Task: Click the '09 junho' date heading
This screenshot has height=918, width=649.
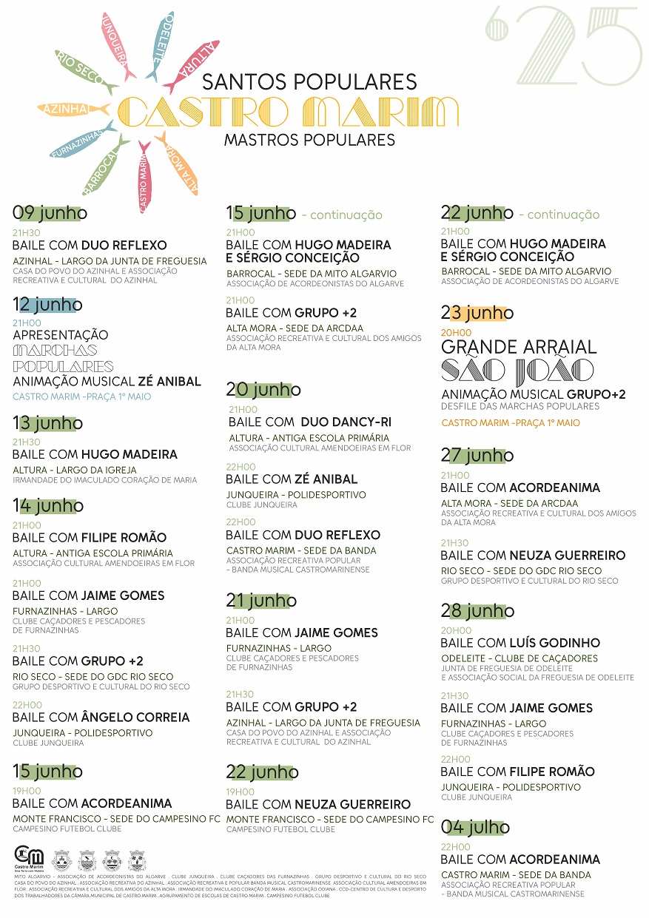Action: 50,213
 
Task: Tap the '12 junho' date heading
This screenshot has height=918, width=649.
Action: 47,304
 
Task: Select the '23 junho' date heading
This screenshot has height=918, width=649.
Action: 477,313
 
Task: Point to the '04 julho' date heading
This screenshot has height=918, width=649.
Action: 475,827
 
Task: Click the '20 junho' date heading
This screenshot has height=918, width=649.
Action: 264,389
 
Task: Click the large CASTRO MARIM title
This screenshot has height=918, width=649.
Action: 289,112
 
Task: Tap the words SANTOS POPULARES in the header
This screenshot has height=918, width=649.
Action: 309,81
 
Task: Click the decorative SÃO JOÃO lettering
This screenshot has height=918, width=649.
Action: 517,371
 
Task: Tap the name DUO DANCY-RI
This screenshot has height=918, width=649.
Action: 346,422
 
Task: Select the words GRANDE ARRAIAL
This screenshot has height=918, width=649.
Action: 519,347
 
